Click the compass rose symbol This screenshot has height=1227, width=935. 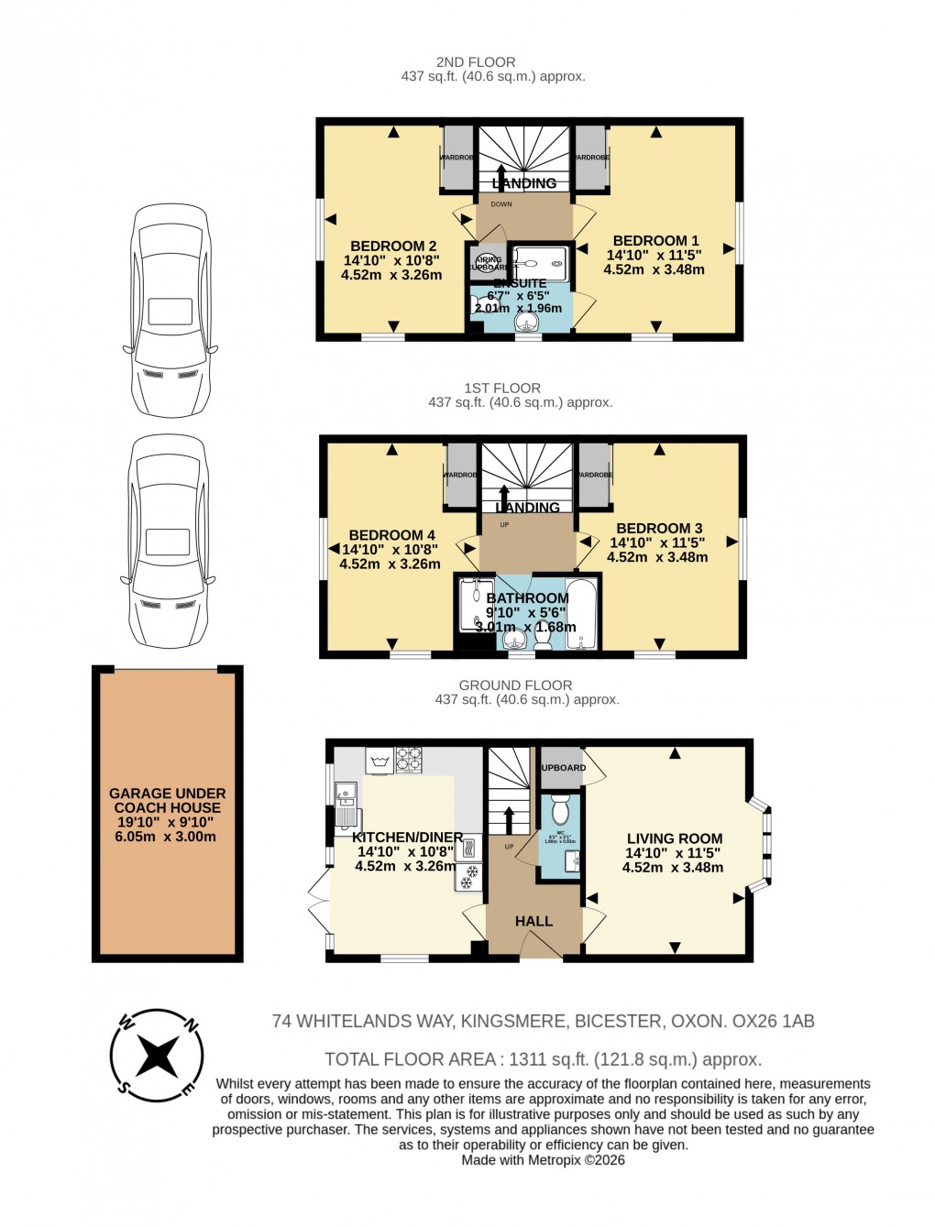(x=157, y=1056)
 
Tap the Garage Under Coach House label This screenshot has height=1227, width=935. (x=167, y=815)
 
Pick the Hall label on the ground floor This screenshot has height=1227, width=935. (x=533, y=921)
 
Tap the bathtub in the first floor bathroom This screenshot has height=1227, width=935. (x=581, y=613)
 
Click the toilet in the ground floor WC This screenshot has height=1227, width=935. (x=560, y=810)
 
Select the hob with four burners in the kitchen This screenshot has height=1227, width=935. (x=409, y=761)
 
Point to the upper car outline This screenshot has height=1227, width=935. (x=170, y=312)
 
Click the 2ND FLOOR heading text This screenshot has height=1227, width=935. (x=475, y=62)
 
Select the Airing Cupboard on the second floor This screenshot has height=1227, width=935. (x=488, y=264)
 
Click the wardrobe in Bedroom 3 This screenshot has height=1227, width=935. (x=594, y=475)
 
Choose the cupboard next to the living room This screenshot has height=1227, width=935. (x=561, y=768)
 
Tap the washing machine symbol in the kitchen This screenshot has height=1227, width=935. (x=379, y=761)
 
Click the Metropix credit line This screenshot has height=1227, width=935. (x=543, y=1160)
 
